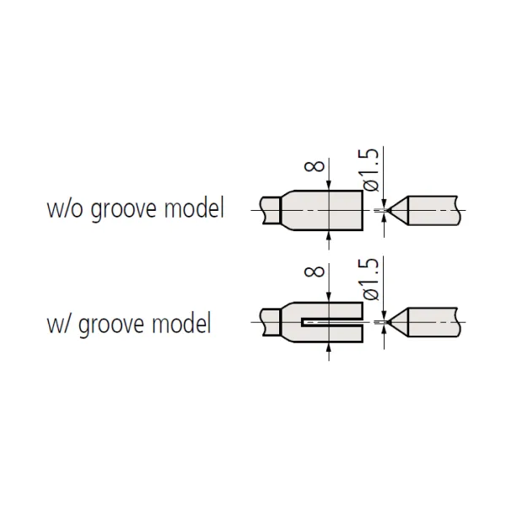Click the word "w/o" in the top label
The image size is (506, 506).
(64, 208)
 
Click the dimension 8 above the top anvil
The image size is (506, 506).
(314, 166)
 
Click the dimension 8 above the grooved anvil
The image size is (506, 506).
(314, 272)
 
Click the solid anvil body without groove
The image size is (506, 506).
(329, 209)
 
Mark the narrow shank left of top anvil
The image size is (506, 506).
(269, 208)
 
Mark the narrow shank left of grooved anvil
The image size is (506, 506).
(269, 321)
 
